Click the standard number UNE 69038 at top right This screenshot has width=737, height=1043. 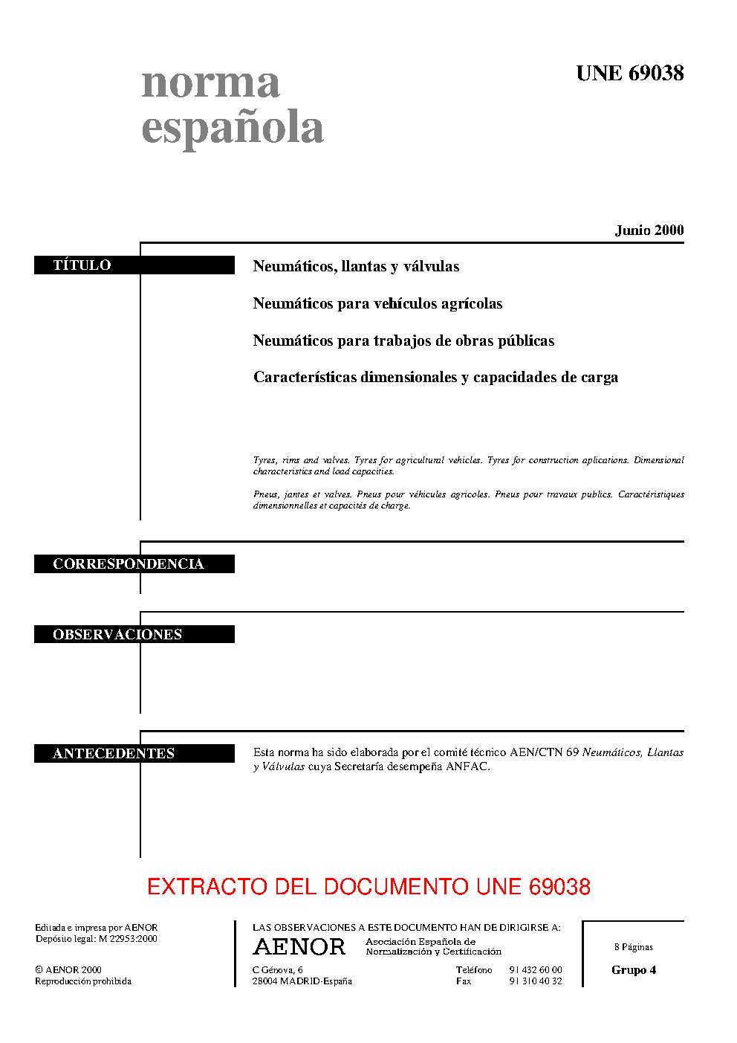(629, 73)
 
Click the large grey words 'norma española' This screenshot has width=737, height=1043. (232, 105)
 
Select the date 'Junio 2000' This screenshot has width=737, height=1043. (649, 230)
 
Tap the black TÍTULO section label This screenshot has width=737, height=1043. (134, 265)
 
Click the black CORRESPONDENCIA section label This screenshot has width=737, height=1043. (134, 564)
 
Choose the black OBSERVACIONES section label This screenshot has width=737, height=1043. (134, 634)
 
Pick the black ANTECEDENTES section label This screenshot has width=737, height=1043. (134, 753)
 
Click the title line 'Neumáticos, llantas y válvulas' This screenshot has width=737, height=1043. (356, 266)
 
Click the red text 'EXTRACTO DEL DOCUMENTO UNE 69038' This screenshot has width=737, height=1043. (368, 886)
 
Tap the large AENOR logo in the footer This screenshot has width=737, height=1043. (299, 947)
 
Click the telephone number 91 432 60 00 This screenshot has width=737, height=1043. (535, 970)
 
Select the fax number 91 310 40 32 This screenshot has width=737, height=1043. (535, 981)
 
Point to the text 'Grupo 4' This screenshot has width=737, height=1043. (634, 970)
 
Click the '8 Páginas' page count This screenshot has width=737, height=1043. (634, 947)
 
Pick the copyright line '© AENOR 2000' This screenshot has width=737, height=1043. (68, 970)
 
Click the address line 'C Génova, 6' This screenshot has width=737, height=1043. (277, 970)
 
